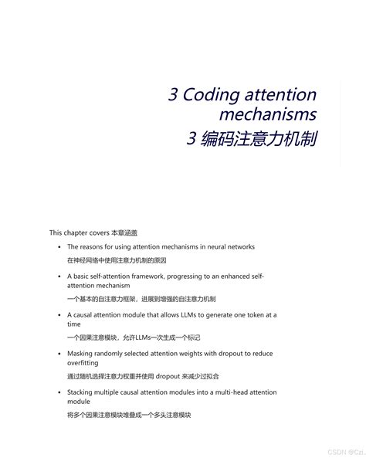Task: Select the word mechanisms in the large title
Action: pos(267,115)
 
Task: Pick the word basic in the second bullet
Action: pos(83,275)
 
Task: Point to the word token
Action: pos(255,314)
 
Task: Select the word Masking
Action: pos(81,353)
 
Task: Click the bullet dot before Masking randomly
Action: pos(59,353)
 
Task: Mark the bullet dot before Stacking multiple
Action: pos(59,392)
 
